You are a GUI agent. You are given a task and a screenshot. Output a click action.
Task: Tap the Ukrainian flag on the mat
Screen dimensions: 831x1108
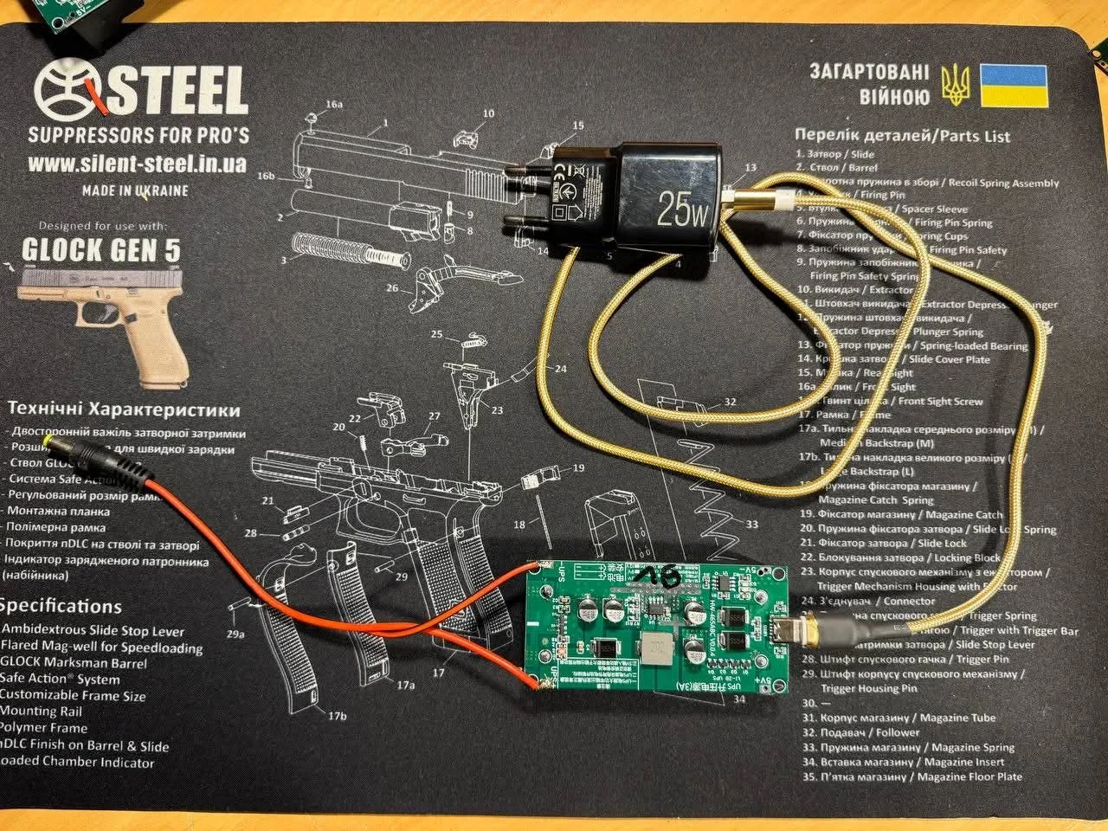[1014, 85]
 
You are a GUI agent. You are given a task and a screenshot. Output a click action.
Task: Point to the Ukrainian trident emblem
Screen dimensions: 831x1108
[955, 86]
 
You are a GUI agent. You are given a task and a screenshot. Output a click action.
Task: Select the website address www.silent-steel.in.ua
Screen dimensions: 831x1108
[137, 163]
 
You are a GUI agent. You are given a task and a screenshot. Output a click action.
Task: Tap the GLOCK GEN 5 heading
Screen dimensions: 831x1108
[101, 251]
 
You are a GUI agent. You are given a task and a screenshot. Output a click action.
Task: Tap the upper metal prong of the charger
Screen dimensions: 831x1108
[523, 172]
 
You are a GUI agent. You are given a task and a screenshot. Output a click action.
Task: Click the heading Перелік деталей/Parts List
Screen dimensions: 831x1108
[901, 136]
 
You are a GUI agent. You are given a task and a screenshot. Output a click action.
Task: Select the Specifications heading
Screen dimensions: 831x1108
[61, 607]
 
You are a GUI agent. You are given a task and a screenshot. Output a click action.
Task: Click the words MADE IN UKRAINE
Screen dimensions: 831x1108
[136, 190]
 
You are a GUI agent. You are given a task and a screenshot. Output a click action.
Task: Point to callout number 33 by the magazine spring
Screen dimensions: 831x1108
[751, 525]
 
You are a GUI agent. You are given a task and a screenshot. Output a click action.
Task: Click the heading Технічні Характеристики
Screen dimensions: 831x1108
[123, 409]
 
